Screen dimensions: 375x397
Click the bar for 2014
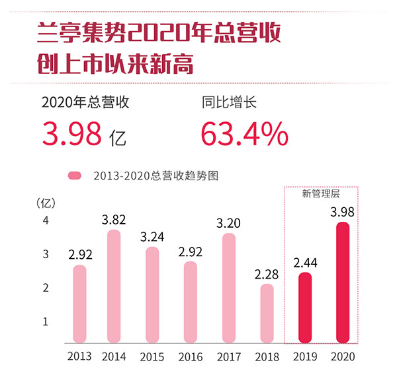[114, 286]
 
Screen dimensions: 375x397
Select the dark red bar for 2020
[342, 282]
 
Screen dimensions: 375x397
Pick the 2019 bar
[304, 308]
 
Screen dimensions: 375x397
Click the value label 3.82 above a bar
[114, 219]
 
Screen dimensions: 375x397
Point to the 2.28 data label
[266, 273]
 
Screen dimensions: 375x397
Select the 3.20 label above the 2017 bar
[228, 223]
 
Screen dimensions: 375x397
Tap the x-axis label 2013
[79, 357]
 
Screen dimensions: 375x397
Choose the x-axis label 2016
[190, 357]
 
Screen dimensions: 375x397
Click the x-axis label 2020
[343, 357]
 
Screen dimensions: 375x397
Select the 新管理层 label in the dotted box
[320, 193]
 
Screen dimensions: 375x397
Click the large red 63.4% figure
[244, 134]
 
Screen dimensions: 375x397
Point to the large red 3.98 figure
[71, 134]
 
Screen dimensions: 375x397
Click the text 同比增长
[228, 103]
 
